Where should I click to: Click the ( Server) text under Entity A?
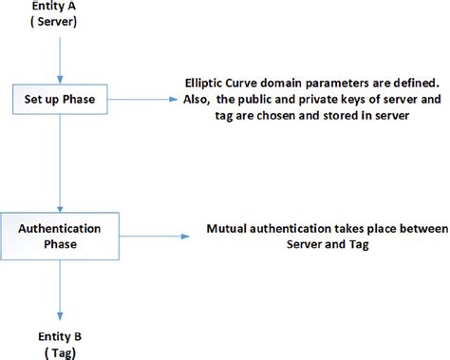pyautogui.click(x=60, y=24)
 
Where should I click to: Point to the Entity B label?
pyautogui.click(x=59, y=336)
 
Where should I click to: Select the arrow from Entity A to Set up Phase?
pyautogui.click(x=60, y=56)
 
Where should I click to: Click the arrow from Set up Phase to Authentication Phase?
pyautogui.click(x=60, y=161)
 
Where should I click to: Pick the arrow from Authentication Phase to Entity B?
pyautogui.click(x=60, y=290)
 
